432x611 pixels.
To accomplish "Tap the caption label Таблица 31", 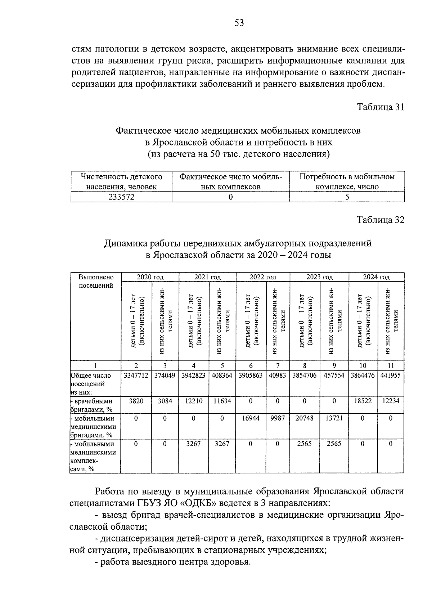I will (381, 107).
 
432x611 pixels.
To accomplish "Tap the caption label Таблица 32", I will (381, 220).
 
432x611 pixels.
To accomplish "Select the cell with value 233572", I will (121, 197).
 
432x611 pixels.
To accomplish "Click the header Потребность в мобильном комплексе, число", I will (347, 181).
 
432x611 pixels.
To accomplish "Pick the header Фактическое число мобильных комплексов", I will (231, 181).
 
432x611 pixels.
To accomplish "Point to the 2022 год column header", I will (263, 277).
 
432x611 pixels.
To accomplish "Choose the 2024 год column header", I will (376, 277).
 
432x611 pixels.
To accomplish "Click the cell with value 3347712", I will (136, 376).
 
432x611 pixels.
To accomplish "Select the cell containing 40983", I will (277, 376).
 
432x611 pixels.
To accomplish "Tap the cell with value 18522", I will (363, 401).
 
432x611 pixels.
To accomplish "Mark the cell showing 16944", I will (251, 418).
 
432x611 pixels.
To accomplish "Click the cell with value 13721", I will (334, 418).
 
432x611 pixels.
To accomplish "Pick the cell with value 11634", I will (222, 401).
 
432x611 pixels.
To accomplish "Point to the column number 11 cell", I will (391, 366).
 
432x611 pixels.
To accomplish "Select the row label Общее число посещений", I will (91, 380).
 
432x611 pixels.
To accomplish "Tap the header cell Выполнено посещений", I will (96, 281).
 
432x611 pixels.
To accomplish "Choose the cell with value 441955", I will (391, 376).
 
